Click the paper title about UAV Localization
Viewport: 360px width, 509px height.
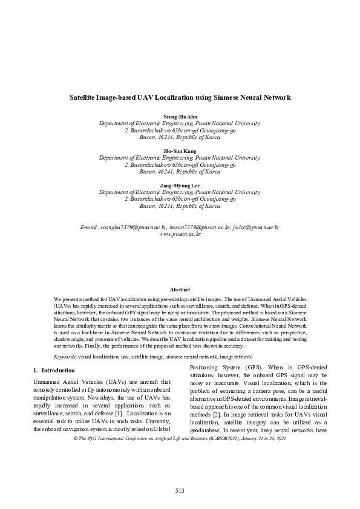tap(180, 97)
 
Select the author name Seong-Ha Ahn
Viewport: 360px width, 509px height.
tap(180, 115)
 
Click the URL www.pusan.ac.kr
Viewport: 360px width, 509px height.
tap(180, 233)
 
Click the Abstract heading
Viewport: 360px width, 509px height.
tap(180, 290)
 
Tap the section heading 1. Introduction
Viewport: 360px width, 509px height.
tap(53, 370)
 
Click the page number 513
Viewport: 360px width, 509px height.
tap(180, 490)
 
